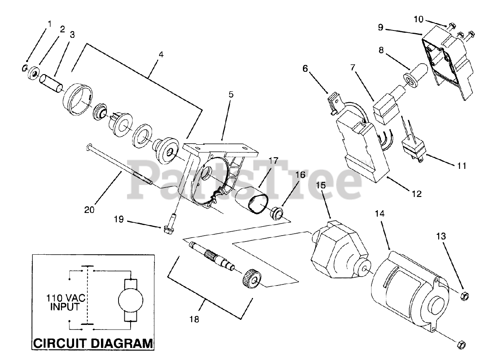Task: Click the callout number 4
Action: pyautogui.click(x=161, y=55)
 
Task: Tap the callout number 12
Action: pyautogui.click(x=416, y=193)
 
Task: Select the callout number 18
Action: pyautogui.click(x=194, y=319)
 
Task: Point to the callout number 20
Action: pyautogui.click(x=89, y=209)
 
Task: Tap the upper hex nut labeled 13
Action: pyautogui.click(x=464, y=295)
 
